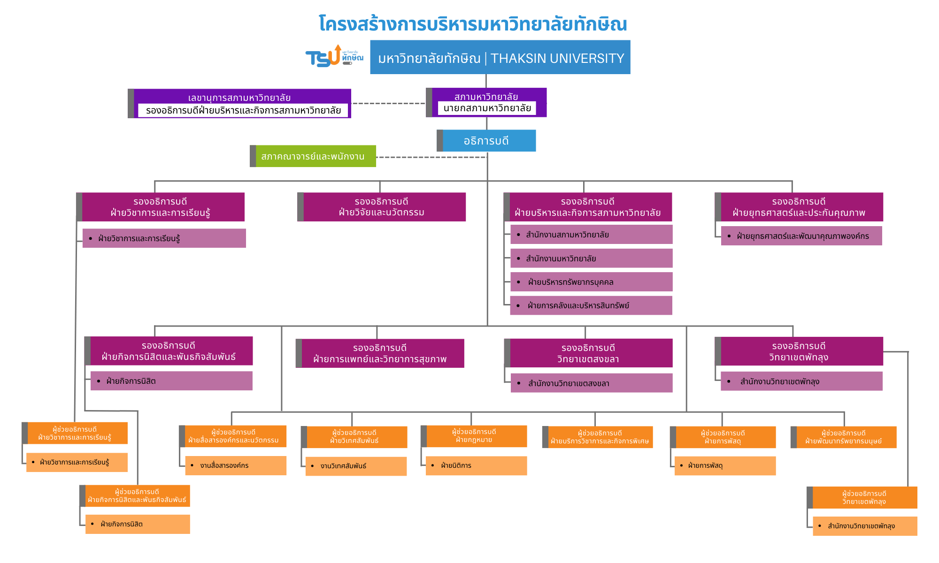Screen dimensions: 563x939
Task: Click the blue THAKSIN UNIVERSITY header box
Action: (500, 58)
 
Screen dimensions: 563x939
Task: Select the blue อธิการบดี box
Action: (486, 141)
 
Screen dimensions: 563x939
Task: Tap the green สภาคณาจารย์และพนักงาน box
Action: (313, 156)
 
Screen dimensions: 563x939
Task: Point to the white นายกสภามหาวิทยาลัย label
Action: (487, 108)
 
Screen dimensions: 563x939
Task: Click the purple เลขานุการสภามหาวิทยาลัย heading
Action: (239, 98)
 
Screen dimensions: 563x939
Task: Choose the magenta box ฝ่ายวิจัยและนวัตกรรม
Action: (382, 207)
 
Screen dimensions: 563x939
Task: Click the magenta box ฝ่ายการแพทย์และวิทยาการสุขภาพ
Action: (380, 353)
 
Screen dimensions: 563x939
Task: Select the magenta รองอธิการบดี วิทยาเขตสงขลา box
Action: (588, 353)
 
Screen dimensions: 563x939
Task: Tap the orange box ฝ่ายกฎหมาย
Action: (474, 436)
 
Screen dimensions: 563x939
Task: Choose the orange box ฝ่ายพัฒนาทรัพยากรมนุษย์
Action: (844, 437)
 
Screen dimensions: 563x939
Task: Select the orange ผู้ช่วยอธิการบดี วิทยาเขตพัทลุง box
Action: (864, 497)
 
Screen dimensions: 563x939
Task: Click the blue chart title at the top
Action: (473, 23)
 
